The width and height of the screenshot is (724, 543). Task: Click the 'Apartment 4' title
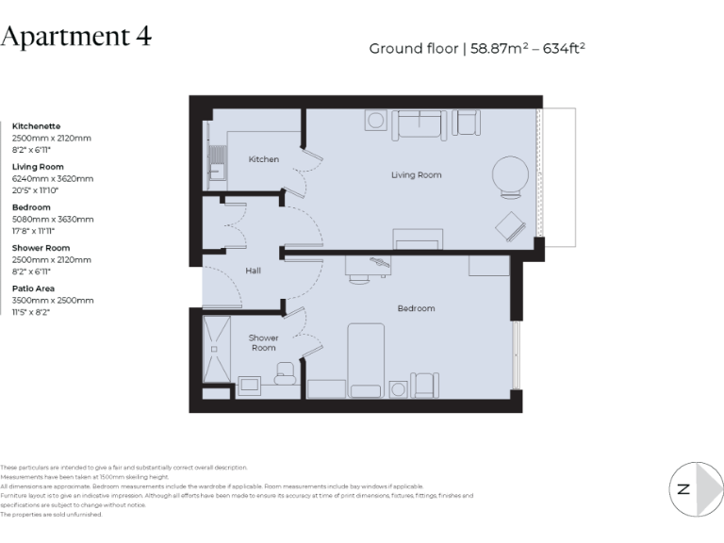[76, 37]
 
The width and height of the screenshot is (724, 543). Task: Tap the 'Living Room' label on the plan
[417, 174]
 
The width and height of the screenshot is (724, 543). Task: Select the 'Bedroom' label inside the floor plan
[416, 308]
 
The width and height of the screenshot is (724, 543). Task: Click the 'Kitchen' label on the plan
[264, 159]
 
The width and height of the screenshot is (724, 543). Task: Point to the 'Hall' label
[253, 271]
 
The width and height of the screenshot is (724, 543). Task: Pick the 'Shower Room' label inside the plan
[264, 343]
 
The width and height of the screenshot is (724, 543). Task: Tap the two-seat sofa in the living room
[420, 123]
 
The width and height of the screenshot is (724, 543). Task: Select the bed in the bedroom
[366, 360]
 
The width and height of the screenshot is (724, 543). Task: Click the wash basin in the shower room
[251, 385]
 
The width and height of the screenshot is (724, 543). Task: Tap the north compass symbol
[696, 488]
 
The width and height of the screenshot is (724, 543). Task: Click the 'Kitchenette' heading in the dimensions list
[36, 125]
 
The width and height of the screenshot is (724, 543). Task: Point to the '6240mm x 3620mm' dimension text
[53, 178]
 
